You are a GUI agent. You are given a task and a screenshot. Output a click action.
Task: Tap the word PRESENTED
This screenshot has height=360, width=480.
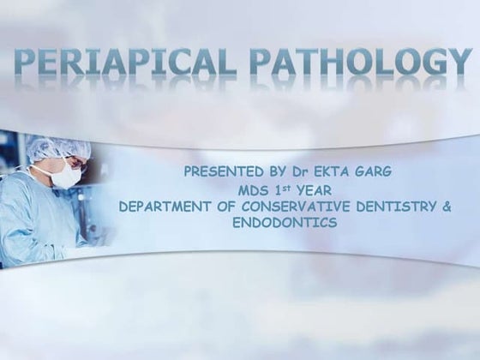click(219, 171)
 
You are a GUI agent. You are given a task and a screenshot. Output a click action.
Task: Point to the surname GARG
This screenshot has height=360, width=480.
click(378, 171)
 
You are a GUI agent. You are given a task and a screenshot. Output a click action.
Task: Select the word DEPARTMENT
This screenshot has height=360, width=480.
click(162, 206)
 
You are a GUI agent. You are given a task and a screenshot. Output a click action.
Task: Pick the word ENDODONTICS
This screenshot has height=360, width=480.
click(285, 223)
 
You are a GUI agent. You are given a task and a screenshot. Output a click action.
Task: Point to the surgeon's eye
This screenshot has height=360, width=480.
click(64, 161)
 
